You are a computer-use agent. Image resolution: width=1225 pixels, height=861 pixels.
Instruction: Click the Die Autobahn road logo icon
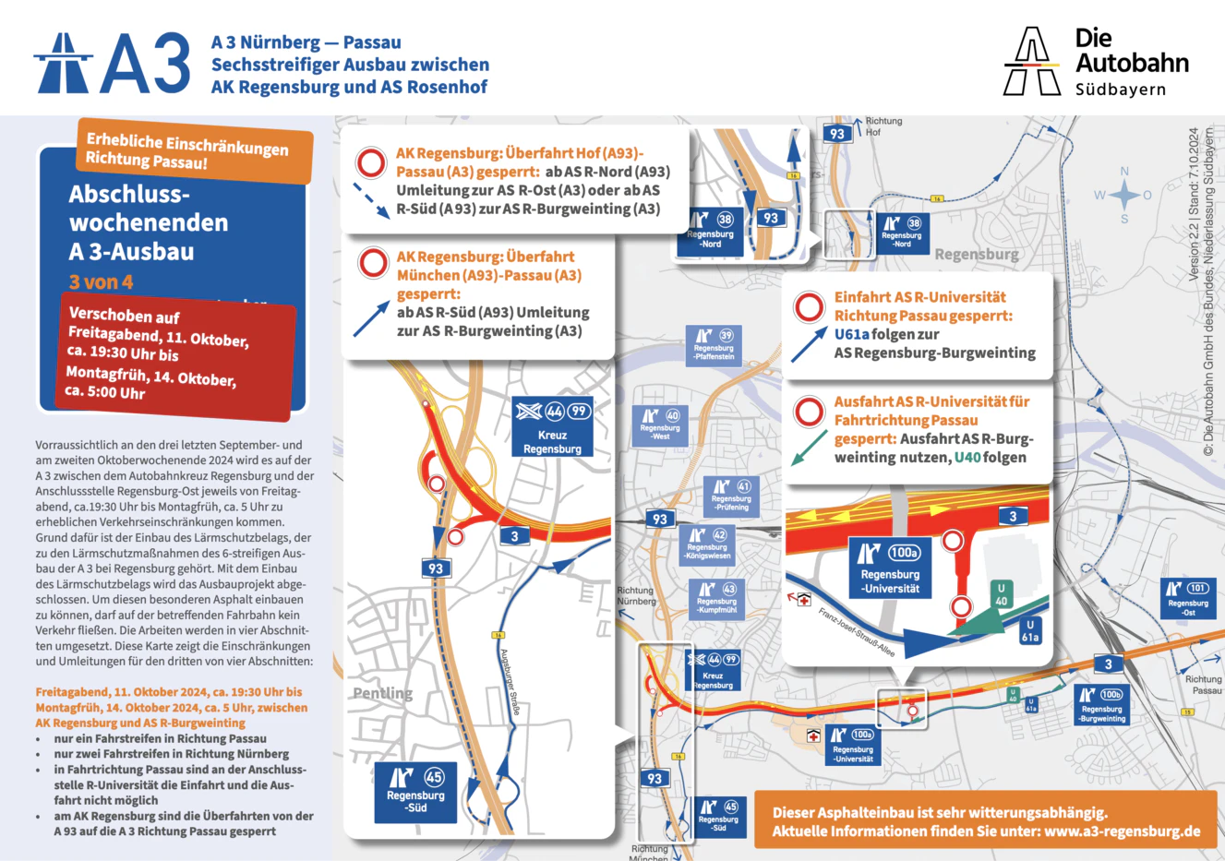(x=1031, y=62)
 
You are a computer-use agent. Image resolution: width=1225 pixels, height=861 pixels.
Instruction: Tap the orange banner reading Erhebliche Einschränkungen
(x=194, y=150)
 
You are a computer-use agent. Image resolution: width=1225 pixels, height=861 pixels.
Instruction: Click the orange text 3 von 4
(x=101, y=281)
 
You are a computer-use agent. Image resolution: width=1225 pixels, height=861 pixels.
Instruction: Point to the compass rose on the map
(x=1124, y=195)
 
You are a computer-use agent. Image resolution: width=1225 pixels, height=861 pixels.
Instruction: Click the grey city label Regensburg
(x=977, y=255)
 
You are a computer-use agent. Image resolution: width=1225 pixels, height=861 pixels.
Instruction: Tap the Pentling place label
(x=382, y=693)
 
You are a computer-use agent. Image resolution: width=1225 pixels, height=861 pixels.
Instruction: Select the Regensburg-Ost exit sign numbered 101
(x=1187, y=598)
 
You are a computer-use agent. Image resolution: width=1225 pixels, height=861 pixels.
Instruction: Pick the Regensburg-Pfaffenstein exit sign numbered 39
(x=714, y=345)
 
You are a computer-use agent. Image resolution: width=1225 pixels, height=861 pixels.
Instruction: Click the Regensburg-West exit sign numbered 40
(x=660, y=425)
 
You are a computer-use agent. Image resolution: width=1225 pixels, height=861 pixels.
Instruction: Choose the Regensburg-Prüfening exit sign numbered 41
(x=731, y=496)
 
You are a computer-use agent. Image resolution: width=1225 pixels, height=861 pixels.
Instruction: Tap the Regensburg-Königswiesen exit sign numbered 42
(x=707, y=544)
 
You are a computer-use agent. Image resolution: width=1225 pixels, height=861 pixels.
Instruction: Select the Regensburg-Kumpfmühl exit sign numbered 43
(x=716, y=598)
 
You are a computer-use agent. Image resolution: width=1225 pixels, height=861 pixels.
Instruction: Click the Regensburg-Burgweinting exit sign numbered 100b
(x=1102, y=704)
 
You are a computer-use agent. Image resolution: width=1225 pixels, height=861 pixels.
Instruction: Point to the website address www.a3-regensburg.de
(x=1123, y=831)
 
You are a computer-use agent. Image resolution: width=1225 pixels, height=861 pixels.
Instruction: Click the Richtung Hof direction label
(x=883, y=126)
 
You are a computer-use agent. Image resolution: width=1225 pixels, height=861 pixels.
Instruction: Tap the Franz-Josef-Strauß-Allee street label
(x=856, y=631)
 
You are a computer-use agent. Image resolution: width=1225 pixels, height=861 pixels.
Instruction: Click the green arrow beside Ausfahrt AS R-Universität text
(x=809, y=448)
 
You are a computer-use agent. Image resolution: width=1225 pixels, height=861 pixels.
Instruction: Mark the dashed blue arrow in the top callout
(x=371, y=200)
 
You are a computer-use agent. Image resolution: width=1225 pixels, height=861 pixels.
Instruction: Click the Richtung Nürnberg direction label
(x=635, y=596)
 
